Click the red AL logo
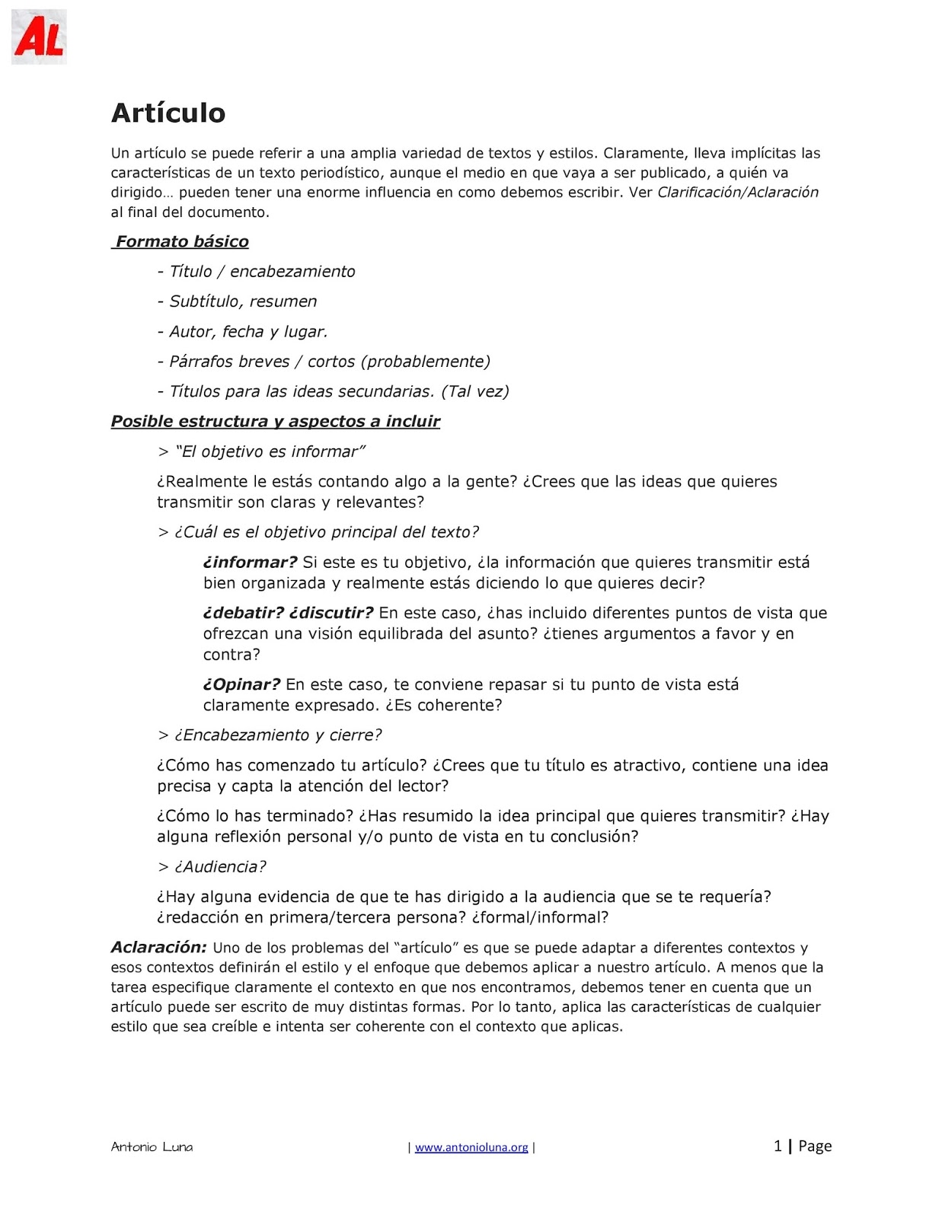pos(39,37)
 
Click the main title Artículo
pos(168,113)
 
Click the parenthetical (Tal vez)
pos(475,391)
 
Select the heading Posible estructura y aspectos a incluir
pos(276,422)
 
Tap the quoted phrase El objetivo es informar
pos(270,452)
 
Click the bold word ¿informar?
pos(250,563)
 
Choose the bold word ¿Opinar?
pos(241,685)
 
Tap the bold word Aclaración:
pos(158,948)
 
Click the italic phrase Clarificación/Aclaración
pos(737,193)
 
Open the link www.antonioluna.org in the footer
pos(471,1147)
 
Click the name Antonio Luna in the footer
pos(152,1147)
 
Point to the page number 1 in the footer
pos(778,1146)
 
